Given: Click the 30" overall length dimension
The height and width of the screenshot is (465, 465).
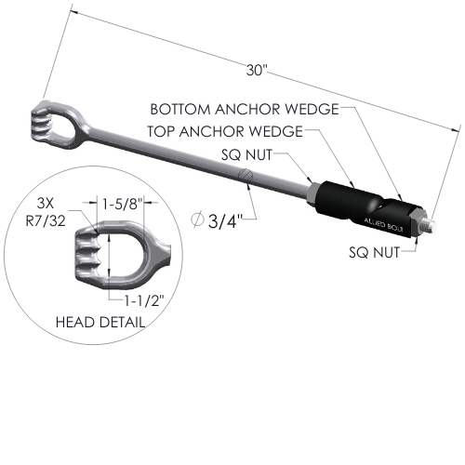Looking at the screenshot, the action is point(257,70).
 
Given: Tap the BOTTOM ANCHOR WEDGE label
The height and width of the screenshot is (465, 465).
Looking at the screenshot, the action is point(245,109).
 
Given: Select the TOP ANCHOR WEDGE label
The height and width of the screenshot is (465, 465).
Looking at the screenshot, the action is point(225,131).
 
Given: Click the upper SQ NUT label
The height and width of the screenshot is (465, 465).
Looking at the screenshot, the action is point(246,154).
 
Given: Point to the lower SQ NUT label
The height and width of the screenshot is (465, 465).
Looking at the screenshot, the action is point(374,252).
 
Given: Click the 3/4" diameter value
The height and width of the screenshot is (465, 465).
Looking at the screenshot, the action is point(222,221).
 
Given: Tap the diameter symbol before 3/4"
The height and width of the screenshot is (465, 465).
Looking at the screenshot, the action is point(197,219).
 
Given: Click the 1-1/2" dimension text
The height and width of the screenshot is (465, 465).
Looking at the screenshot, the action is point(143,300).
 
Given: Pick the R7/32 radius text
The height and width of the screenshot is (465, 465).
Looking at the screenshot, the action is point(46,221).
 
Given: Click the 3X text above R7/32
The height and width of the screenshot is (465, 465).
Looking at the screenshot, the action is point(46,204).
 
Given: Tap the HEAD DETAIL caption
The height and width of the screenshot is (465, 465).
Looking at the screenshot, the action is point(100,323).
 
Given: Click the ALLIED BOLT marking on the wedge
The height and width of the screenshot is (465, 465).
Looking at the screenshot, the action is point(383,225).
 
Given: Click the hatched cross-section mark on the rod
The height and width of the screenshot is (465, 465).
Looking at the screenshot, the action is point(246,176).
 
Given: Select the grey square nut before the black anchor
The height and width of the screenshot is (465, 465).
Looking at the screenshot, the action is point(312,194).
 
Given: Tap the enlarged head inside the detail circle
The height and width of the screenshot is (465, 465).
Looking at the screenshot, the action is point(123,255).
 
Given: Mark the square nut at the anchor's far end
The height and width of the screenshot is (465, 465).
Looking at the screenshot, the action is point(418,222).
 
